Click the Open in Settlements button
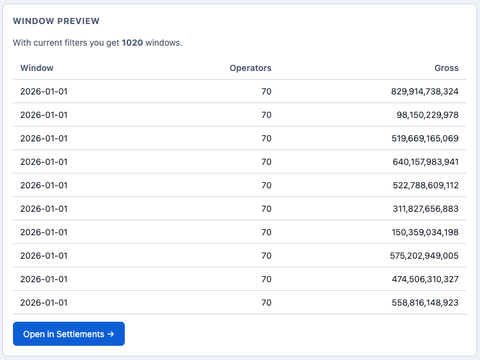click(x=69, y=333)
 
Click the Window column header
click(x=36, y=68)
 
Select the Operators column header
click(x=250, y=68)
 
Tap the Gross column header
click(x=446, y=68)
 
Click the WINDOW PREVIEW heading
click(x=56, y=21)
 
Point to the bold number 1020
click(x=132, y=43)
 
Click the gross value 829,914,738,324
click(x=424, y=91)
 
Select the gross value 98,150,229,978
click(x=427, y=115)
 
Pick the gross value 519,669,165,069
click(x=425, y=138)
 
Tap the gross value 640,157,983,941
click(x=426, y=162)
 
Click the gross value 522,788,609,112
click(x=426, y=185)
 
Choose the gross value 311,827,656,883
click(x=426, y=209)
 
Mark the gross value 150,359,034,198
click(x=425, y=232)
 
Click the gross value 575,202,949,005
click(x=424, y=256)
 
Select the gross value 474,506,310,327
click(x=425, y=279)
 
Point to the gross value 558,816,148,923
click(x=425, y=303)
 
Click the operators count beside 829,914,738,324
click(x=266, y=91)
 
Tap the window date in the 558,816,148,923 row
click(x=44, y=303)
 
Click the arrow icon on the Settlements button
click(x=111, y=334)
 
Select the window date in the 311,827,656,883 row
click(x=44, y=209)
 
